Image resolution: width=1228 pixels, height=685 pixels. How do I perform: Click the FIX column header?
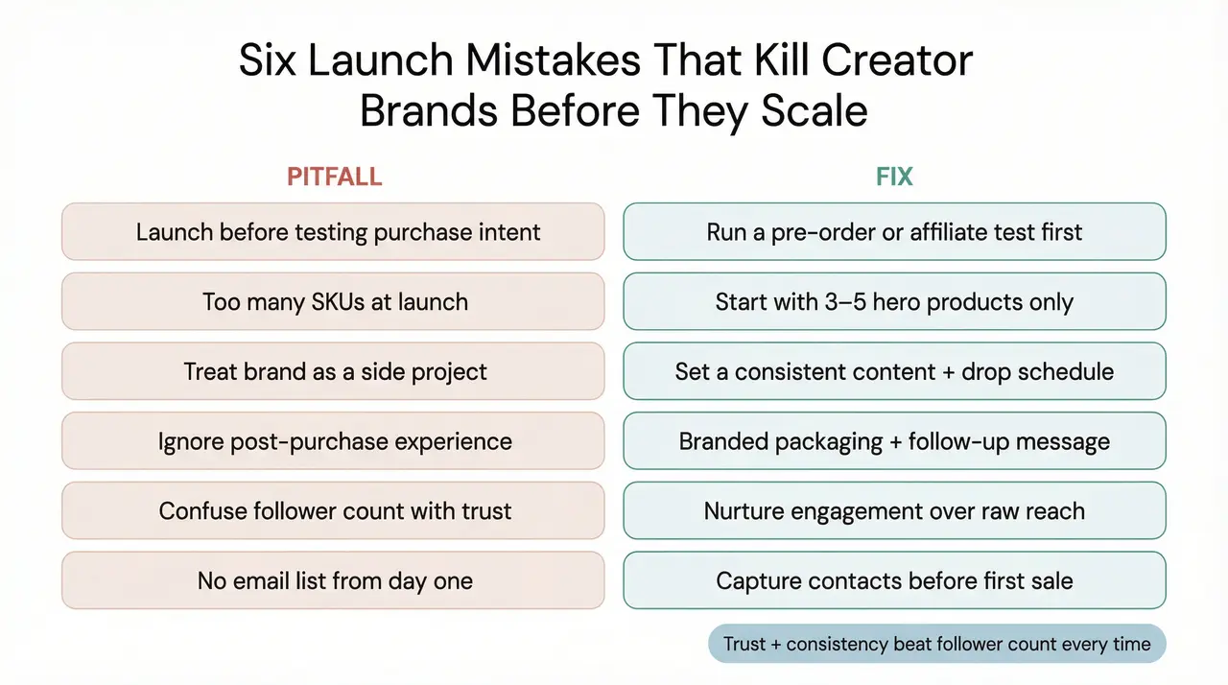(x=894, y=177)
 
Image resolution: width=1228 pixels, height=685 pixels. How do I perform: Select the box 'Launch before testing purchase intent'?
(x=333, y=231)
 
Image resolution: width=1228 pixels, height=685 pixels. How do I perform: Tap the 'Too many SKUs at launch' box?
(x=333, y=301)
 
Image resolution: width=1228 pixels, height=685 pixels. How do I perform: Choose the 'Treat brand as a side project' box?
(x=333, y=371)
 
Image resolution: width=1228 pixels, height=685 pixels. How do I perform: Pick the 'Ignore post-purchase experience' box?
(x=333, y=441)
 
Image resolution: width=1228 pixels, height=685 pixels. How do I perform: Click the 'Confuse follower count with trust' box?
(x=333, y=510)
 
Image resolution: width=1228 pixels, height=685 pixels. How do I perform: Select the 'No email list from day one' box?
(x=333, y=580)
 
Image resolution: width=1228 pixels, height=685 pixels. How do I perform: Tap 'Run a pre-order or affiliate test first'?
(x=894, y=231)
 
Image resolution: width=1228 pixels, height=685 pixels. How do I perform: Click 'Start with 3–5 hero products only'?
(x=894, y=301)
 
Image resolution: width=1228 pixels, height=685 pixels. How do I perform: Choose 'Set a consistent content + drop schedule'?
(x=894, y=371)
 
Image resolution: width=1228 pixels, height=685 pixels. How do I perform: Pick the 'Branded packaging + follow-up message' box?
(x=894, y=441)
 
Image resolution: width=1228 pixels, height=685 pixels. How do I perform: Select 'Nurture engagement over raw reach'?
(x=894, y=510)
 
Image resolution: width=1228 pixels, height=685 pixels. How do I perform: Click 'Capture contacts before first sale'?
(x=894, y=580)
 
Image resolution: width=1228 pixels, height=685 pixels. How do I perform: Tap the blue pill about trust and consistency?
(x=936, y=644)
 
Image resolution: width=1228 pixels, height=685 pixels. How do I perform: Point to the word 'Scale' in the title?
(x=815, y=111)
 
